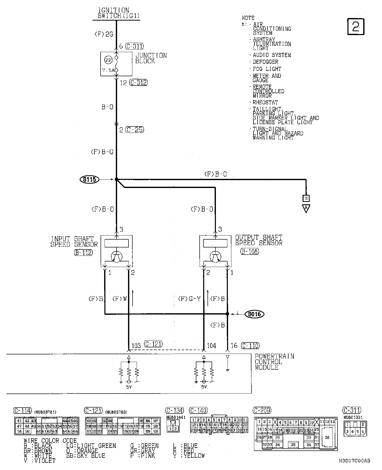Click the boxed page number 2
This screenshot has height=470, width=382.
[356, 27]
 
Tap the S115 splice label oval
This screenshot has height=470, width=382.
[89, 180]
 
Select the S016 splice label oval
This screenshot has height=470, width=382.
[254, 314]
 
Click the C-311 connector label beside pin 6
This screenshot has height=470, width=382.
[135, 46]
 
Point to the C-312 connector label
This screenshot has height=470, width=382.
[138, 83]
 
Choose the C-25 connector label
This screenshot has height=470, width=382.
[135, 130]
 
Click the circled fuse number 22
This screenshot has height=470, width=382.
[108, 60]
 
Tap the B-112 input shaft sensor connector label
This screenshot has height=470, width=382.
[83, 253]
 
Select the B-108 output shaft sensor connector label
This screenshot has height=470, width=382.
[249, 252]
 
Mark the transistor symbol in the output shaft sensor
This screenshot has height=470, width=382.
[215, 257]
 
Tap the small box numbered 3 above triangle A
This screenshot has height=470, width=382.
[306, 198]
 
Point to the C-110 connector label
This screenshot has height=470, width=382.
[250, 346]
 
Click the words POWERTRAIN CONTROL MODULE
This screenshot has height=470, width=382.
[274, 362]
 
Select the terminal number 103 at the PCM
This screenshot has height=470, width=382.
[136, 346]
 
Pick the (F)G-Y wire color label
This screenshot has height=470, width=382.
[189, 299]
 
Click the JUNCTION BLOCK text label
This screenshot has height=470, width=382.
[151, 58]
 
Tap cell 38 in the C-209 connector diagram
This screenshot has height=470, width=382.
[327, 437]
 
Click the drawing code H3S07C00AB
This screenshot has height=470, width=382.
[354, 461]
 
